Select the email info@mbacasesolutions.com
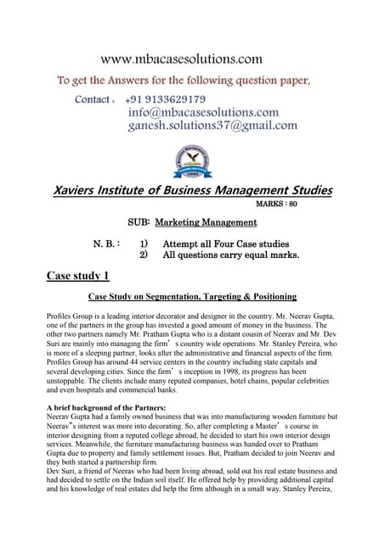tap(203, 112)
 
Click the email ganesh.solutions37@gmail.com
tap(212, 126)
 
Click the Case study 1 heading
tap(78, 275)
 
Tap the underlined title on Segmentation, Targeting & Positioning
tap(192, 297)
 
